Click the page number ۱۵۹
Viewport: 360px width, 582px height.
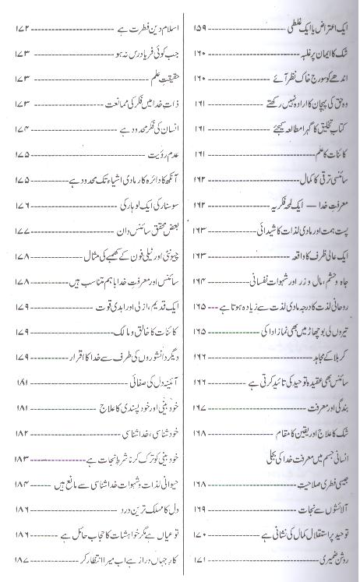pyautogui.click(x=197, y=30)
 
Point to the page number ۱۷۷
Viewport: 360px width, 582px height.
pyautogui.click(x=21, y=210)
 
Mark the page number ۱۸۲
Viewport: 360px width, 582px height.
pyautogui.click(x=21, y=432)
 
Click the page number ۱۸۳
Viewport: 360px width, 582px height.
pyautogui.click(x=21, y=460)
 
